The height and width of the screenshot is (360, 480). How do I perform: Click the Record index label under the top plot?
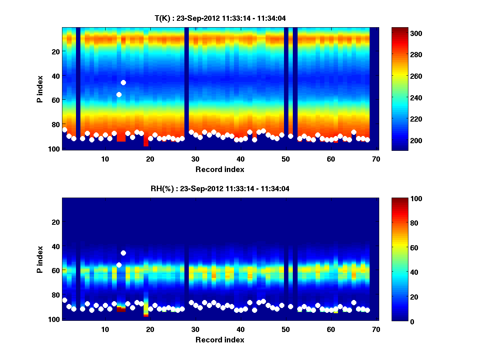click(220, 169)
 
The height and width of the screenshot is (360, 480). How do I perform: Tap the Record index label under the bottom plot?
click(220, 340)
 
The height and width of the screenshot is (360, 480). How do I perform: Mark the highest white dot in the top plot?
click(123, 82)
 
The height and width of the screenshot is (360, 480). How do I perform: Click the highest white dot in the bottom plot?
click(123, 253)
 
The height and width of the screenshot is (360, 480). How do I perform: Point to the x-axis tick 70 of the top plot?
click(376, 159)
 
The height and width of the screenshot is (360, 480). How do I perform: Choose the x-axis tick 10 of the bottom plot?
click(105, 329)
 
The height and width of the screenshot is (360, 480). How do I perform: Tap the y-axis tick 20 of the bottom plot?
click(56, 222)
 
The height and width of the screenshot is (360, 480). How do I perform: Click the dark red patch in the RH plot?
click(121, 309)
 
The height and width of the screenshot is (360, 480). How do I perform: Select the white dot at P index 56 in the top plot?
click(119, 94)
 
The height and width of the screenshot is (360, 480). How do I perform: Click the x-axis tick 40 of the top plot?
click(240, 159)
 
